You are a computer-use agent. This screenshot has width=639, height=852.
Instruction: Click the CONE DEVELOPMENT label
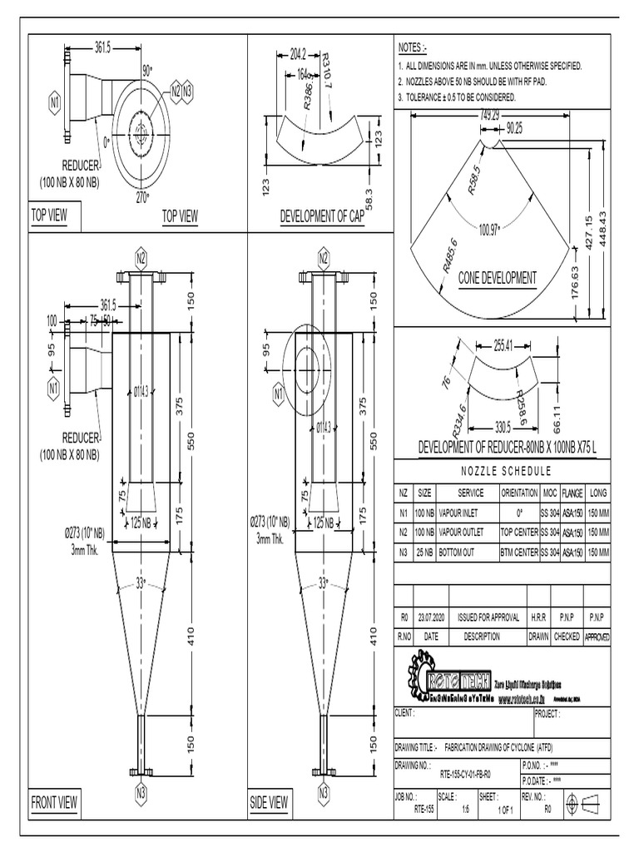pos(498,279)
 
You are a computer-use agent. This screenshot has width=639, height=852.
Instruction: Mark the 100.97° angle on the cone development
pos(489,228)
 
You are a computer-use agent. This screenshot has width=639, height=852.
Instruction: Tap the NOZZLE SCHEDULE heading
pos(502,470)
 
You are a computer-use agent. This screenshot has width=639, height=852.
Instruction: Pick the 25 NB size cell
pos(424,552)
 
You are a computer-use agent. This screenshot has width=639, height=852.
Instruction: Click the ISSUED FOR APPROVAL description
pos(489,618)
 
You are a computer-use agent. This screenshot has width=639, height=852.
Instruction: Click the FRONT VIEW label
pos(54,803)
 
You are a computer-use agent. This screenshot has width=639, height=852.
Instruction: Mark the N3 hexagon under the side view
pos(324,792)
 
